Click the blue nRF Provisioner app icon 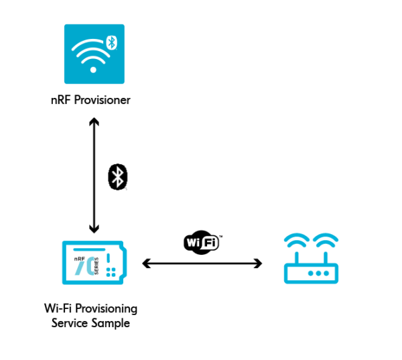94,54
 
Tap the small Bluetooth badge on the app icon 113,42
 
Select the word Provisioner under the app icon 106,101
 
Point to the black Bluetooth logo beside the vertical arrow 118,177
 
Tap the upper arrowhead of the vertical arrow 94,123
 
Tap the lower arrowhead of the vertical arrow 94,229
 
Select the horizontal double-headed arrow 202,264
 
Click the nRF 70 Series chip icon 94,263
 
